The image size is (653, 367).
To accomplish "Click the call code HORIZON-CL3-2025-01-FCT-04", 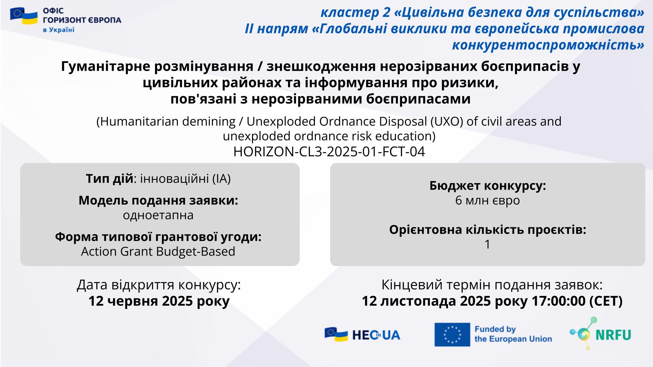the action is tap(329, 152).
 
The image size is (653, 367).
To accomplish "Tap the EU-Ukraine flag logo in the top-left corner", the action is tap(24, 16).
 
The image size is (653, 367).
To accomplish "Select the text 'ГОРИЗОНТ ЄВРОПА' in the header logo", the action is tap(82, 20).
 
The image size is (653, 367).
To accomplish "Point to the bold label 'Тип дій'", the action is tap(109, 179).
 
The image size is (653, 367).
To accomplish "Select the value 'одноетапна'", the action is tap(158, 215).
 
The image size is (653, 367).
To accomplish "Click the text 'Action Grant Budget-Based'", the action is tap(158, 251).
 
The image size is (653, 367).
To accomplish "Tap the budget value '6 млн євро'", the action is tap(487, 200).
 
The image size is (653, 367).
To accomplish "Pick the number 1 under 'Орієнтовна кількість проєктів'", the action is tap(487, 244).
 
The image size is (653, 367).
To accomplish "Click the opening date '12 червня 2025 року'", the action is tap(159, 301).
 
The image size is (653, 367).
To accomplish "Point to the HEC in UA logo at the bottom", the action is tap(362, 335).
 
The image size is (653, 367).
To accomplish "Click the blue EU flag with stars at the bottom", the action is tap(452, 335).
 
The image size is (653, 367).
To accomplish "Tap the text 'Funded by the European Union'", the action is tap(513, 334).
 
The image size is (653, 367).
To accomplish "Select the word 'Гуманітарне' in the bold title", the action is tap(106, 67).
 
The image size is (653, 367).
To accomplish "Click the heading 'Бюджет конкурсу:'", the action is tap(488, 186).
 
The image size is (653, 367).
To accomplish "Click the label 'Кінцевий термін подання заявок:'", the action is tap(492, 285).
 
